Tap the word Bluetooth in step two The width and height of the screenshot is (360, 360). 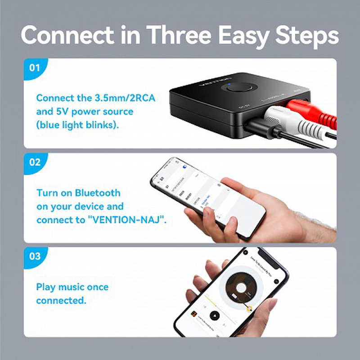point(98,193)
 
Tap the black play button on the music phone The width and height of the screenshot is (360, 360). point(215,315)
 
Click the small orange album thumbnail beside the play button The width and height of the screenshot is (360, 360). point(193,313)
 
